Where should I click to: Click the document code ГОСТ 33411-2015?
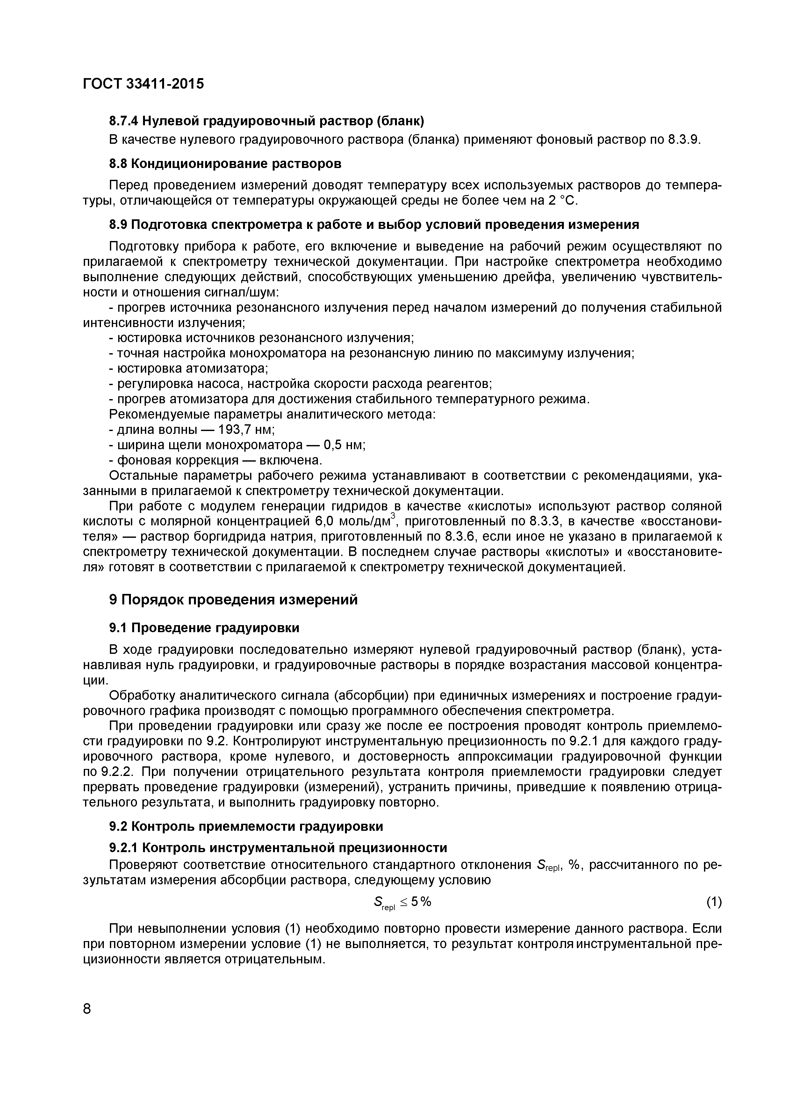[143, 84]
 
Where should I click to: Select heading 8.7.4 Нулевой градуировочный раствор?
[267, 120]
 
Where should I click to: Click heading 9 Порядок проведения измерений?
[233, 599]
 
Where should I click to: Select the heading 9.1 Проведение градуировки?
[204, 628]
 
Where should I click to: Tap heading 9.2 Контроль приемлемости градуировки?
[246, 826]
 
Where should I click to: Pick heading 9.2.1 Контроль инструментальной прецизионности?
[278, 848]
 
